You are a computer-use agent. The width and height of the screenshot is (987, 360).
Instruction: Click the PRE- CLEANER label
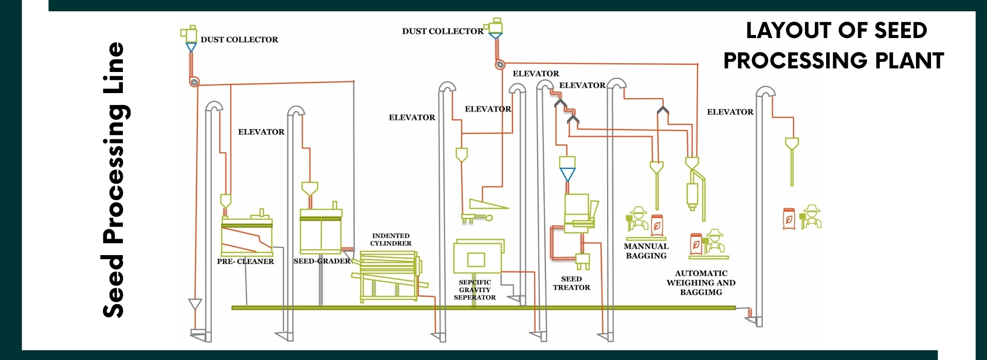point(245,261)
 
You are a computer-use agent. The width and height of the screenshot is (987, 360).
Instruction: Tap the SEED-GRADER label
point(322,261)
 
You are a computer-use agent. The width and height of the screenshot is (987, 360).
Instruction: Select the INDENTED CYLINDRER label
point(391,240)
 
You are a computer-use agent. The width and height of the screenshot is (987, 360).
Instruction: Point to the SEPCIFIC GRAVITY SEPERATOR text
point(474,290)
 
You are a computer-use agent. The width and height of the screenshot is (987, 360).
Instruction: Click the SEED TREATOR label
point(571,283)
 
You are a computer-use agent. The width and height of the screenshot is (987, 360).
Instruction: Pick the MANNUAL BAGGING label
point(646,251)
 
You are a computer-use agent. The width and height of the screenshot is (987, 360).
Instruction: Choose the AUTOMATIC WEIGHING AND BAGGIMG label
point(701,283)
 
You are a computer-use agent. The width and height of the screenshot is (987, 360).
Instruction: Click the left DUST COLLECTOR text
point(239,40)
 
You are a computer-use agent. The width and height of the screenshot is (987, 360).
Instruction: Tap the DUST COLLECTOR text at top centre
point(443,31)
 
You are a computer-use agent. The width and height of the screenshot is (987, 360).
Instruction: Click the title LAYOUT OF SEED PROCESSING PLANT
point(834,45)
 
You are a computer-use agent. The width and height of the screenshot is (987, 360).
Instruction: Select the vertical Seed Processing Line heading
point(114,180)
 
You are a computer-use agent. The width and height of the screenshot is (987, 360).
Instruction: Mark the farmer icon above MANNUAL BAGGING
point(638,219)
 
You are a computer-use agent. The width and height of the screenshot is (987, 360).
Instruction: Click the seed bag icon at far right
point(788,219)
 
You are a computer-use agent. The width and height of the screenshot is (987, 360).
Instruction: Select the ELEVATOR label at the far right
point(730,112)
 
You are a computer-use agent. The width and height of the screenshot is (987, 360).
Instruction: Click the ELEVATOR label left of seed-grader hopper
point(261,132)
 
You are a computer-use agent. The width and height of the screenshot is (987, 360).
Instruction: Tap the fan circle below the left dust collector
point(194,82)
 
